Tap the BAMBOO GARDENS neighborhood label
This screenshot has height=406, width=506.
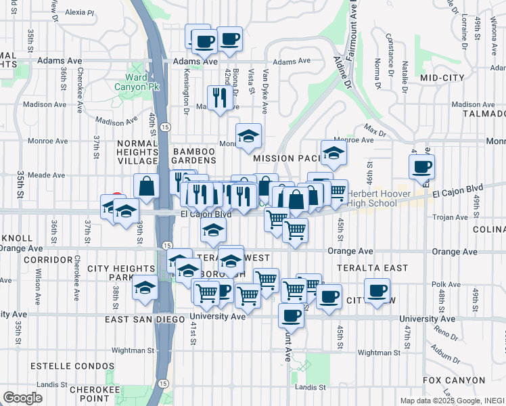(193, 155)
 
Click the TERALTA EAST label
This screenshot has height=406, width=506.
(379, 268)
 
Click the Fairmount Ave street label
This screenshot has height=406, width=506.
(352, 30)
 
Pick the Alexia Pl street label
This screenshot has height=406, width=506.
(80, 12)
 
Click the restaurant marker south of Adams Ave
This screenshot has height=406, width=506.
(218, 97)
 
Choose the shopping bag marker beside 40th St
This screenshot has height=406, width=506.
(146, 185)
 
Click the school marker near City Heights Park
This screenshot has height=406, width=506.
(144, 286)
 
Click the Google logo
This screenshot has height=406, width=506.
(23, 398)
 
